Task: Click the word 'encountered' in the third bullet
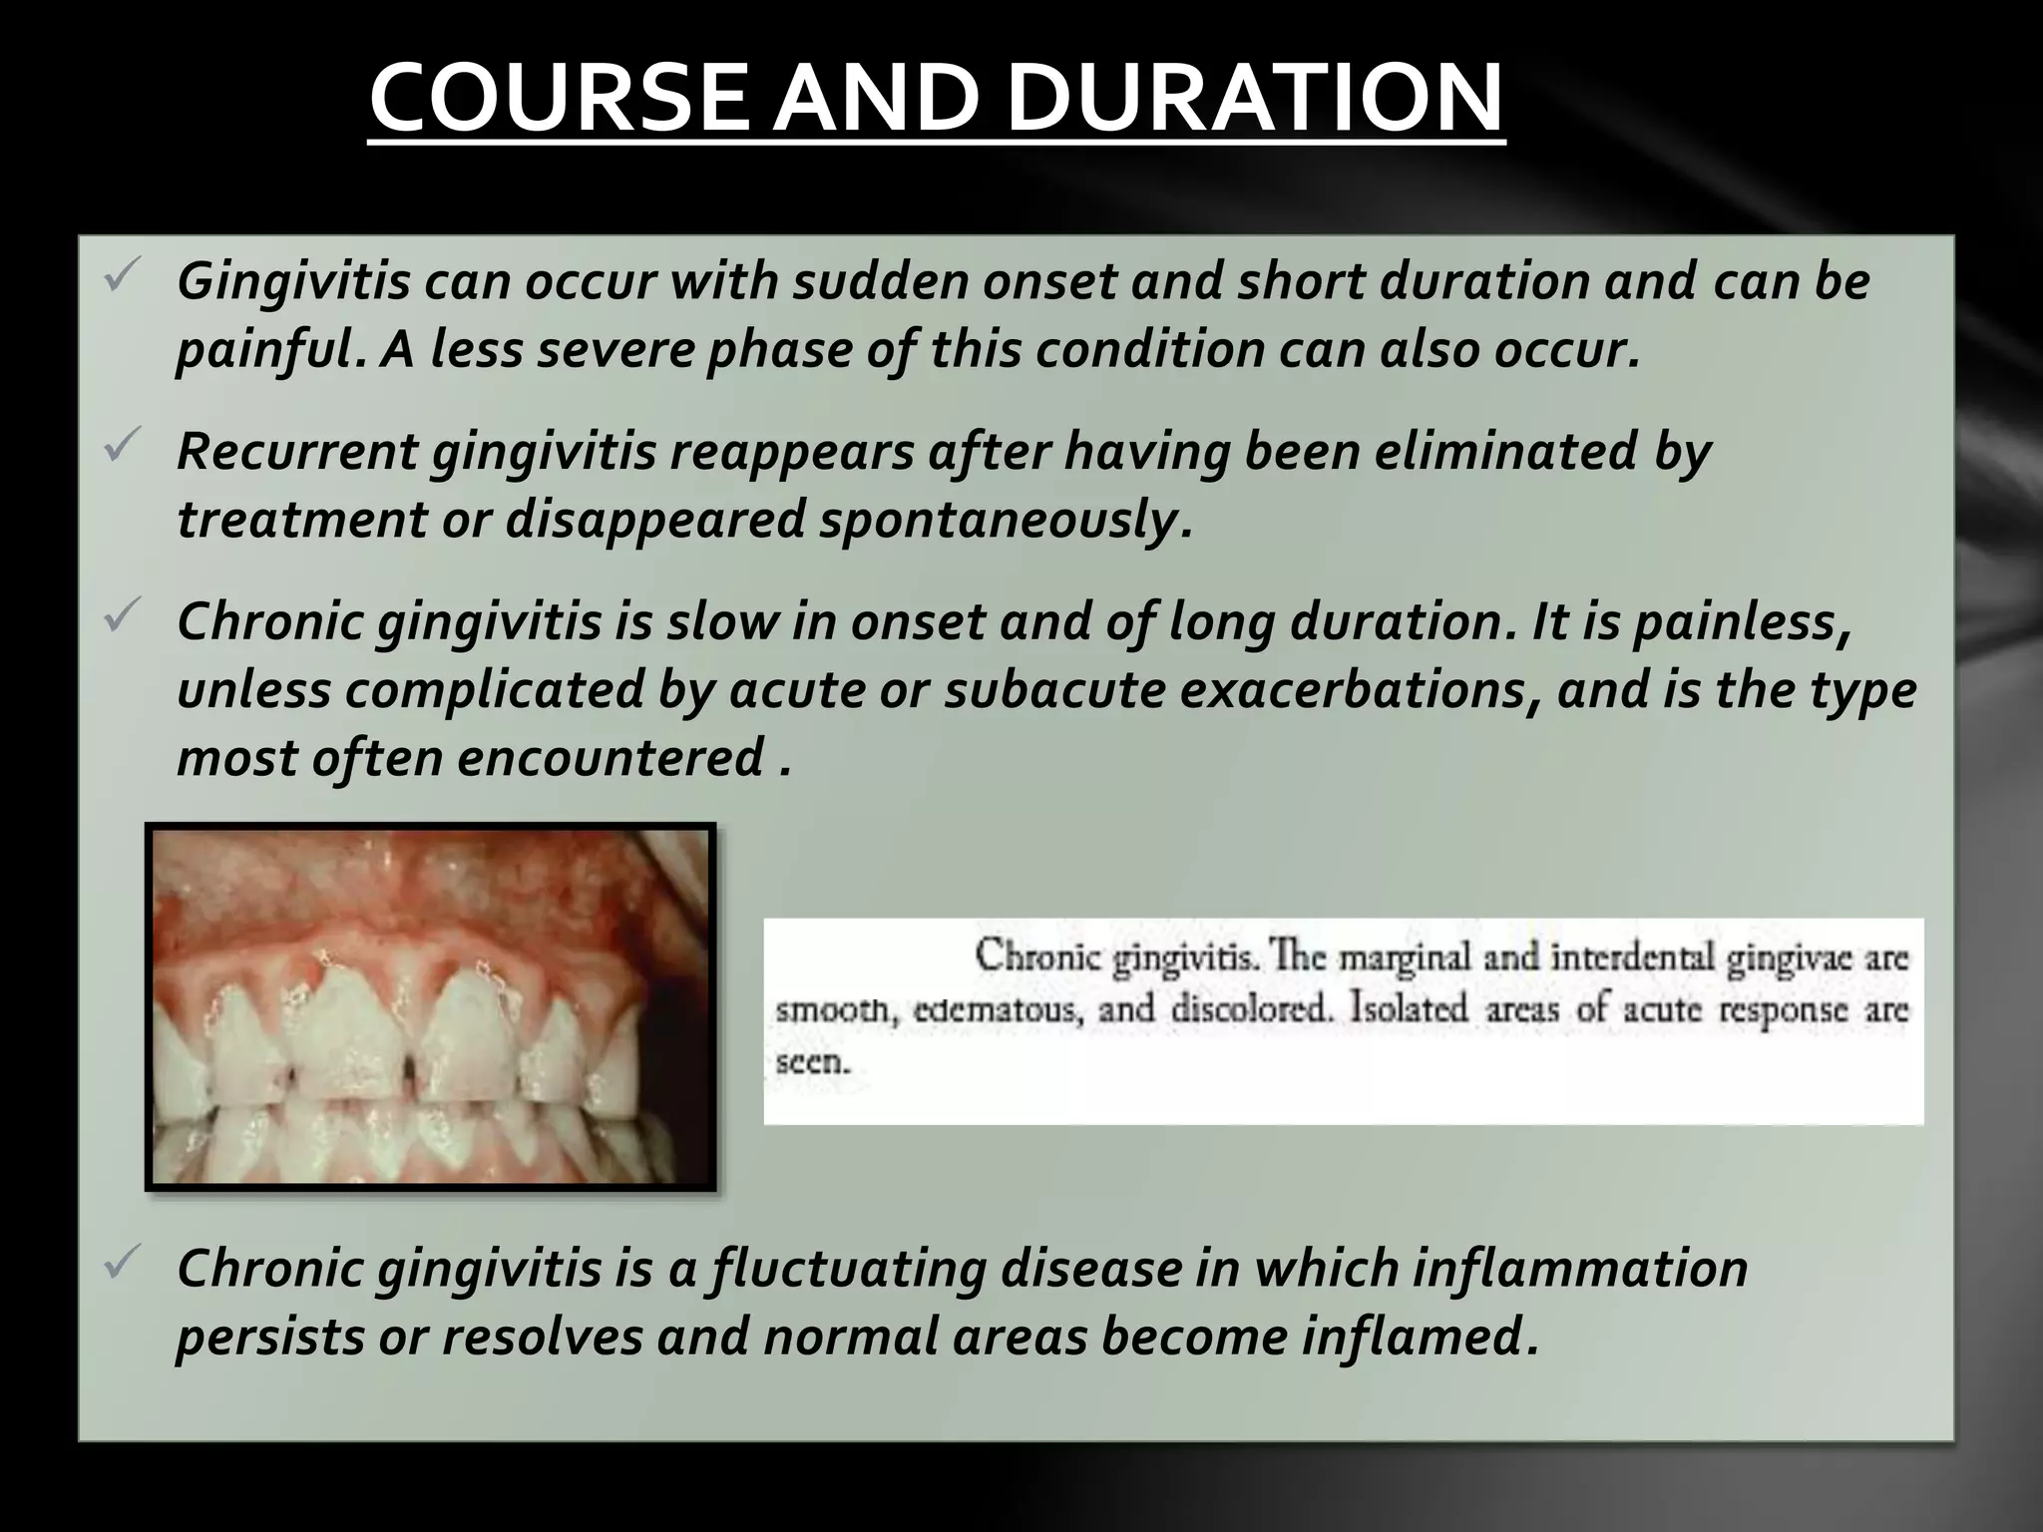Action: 611,757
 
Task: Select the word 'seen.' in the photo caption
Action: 813,1061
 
